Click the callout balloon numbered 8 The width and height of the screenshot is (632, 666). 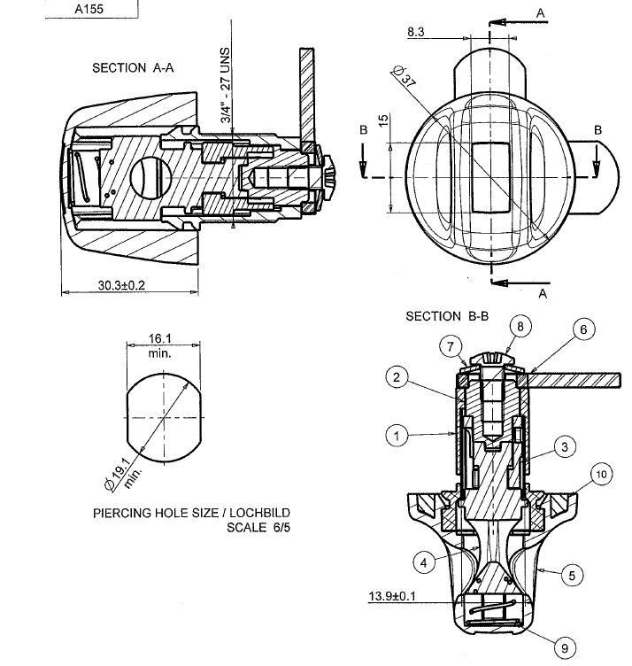pos(520,326)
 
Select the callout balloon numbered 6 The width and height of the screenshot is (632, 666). pos(583,329)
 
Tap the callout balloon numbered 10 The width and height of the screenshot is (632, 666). pos(601,474)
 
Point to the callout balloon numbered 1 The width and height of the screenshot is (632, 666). pos(397,436)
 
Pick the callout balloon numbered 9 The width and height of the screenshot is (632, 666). pos(565,648)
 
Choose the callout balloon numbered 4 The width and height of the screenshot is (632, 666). pos(424,562)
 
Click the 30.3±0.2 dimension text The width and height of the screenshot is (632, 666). pos(121,285)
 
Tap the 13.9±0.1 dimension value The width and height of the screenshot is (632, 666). pos(392,596)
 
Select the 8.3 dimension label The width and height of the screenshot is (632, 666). pos(415,32)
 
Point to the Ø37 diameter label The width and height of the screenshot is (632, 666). pos(404,76)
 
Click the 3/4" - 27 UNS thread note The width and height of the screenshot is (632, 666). pos(226,85)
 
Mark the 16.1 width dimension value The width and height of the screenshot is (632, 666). pos(159,338)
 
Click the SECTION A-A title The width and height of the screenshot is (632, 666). pos(133,68)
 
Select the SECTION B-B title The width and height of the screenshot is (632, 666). pos(447,316)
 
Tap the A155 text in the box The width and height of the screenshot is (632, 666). pos(89,9)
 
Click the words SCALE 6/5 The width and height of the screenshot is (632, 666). pos(258,528)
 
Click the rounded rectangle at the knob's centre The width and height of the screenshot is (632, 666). pos(490,177)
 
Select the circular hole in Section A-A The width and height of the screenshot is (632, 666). pos(150,177)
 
